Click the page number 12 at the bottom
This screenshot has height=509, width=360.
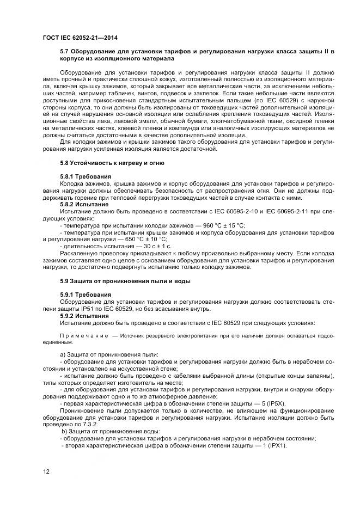(x=46, y=471)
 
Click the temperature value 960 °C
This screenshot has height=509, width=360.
(x=208, y=225)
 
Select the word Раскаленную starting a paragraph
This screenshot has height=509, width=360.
(x=80, y=253)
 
